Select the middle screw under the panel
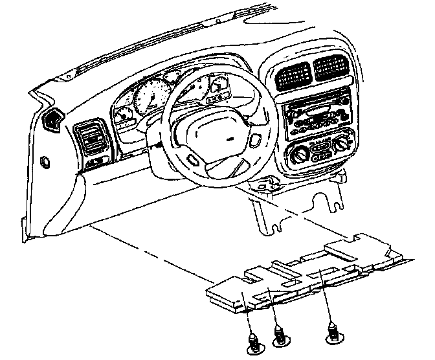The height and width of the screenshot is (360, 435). click(280, 335)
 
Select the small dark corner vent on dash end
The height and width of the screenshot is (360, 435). click(51, 120)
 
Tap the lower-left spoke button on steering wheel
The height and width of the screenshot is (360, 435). click(194, 159)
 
